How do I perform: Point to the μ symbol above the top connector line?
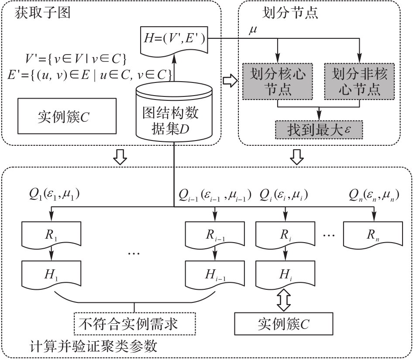pos(252,30)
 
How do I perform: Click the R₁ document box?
pos(51,234)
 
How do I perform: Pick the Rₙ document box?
pos(373,234)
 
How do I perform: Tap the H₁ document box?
pos(51,274)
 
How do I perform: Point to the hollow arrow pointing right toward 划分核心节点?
pos(230,82)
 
